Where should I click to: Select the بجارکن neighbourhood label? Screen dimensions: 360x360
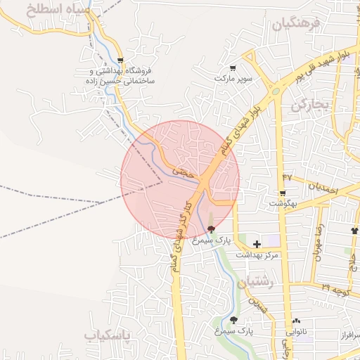tap(310, 105)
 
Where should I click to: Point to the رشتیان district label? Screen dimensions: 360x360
tap(254, 283)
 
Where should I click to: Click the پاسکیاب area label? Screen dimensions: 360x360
tap(107, 336)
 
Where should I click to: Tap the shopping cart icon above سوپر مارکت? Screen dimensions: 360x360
tap(233, 68)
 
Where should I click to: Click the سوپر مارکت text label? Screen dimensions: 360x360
tap(233, 78)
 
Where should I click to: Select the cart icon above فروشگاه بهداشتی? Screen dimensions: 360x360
tap(121, 60)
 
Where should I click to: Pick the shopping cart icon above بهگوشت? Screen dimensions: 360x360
tap(283, 193)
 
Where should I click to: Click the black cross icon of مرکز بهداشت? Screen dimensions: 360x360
tap(257, 244)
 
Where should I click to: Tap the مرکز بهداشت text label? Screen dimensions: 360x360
tap(257, 254)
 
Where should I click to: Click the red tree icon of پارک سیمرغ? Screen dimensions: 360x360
tap(211, 229)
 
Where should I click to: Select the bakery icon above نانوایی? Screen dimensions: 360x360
tap(295, 320)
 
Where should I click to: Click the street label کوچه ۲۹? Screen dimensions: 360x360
tap(336, 289)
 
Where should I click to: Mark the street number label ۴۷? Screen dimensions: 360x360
tap(287, 176)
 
